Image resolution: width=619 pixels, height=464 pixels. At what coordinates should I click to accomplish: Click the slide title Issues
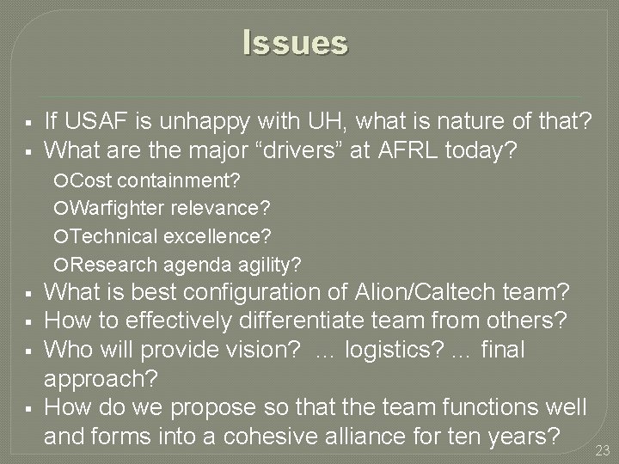pyautogui.click(x=295, y=42)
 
